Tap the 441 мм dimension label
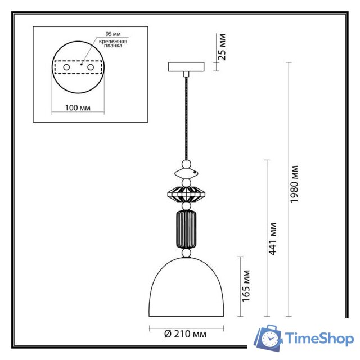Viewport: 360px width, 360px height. tap(273, 238)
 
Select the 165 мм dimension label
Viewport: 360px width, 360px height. tap(246, 285)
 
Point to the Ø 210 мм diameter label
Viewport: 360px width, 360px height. tap(186, 334)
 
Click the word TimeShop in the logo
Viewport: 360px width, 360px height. tap(319, 339)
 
